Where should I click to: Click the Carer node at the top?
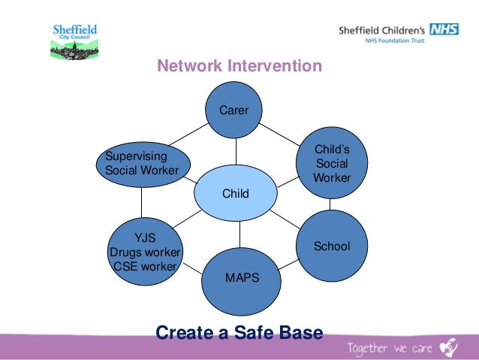coord(234,110)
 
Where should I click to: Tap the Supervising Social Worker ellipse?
coord(143,163)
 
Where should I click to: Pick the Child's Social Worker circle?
coord(331,164)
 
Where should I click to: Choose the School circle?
coord(331,246)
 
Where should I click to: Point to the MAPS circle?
coord(241,278)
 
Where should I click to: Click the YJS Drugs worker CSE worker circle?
coord(145,252)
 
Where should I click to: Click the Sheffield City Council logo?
coord(74,41)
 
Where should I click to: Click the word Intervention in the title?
coord(277,67)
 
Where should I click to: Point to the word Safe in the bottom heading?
coord(264,331)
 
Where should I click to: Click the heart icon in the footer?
coord(448,346)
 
